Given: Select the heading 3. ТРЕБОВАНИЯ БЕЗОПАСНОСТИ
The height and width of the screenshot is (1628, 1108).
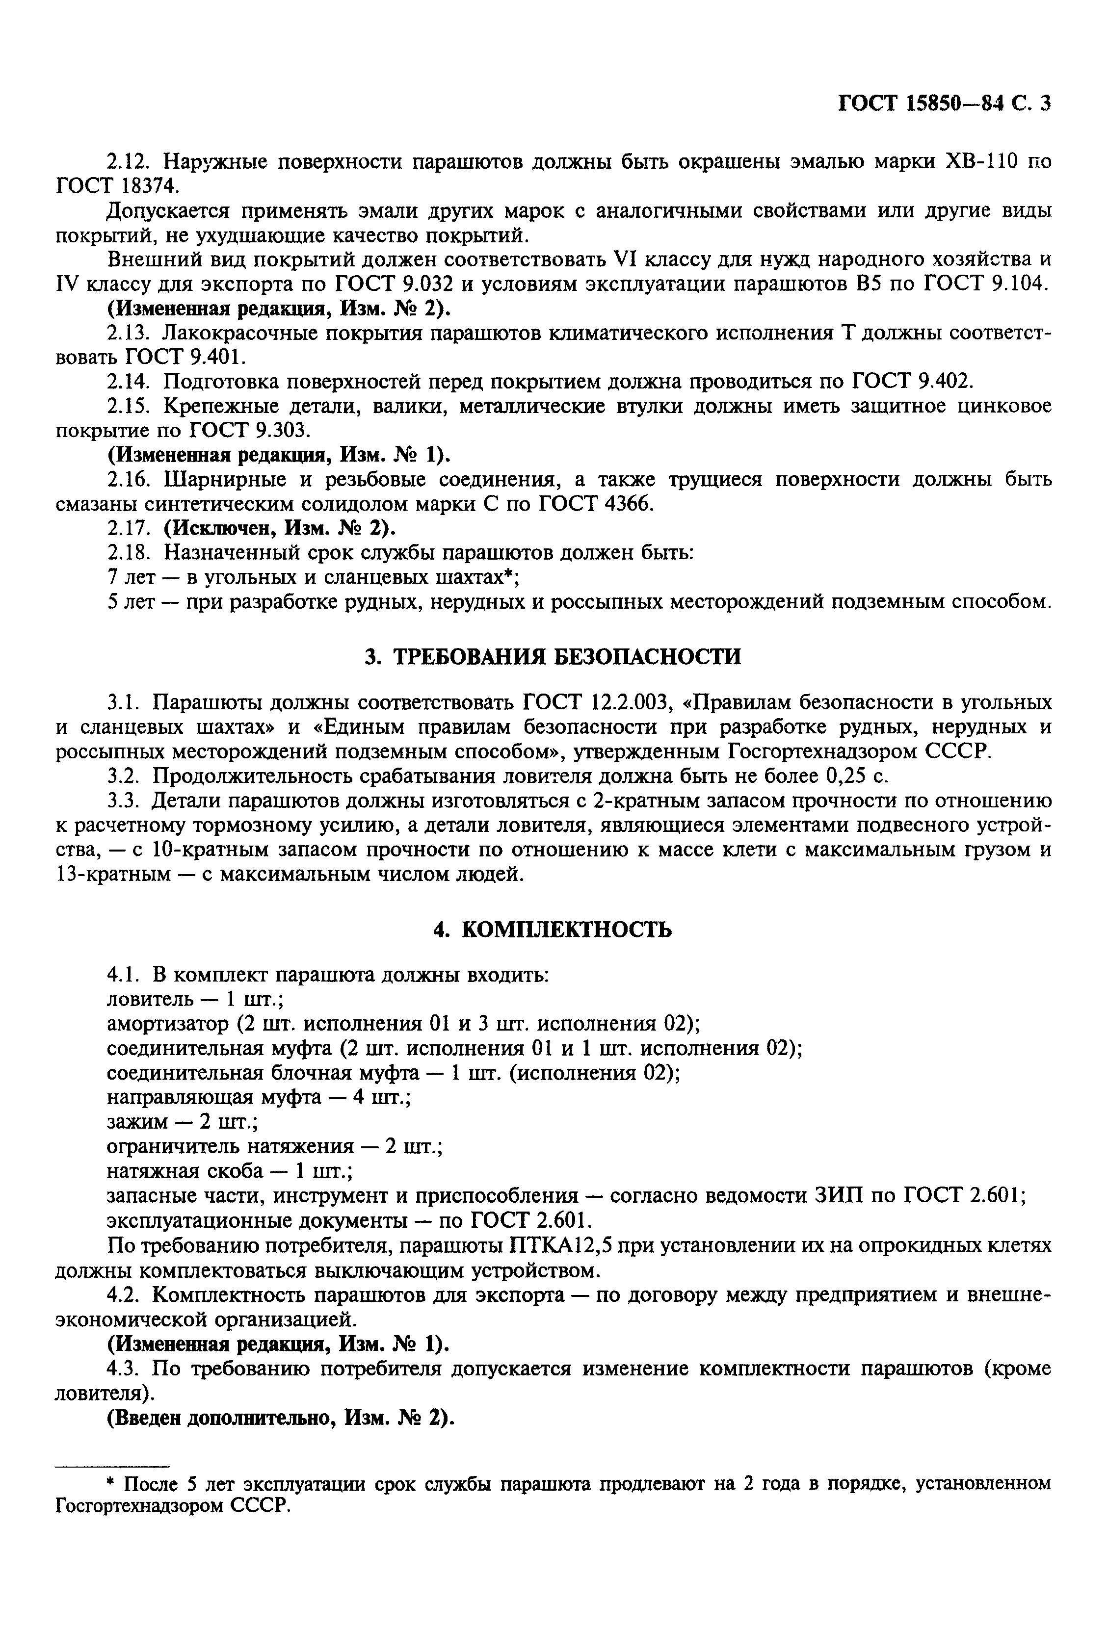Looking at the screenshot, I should [x=553, y=656].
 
